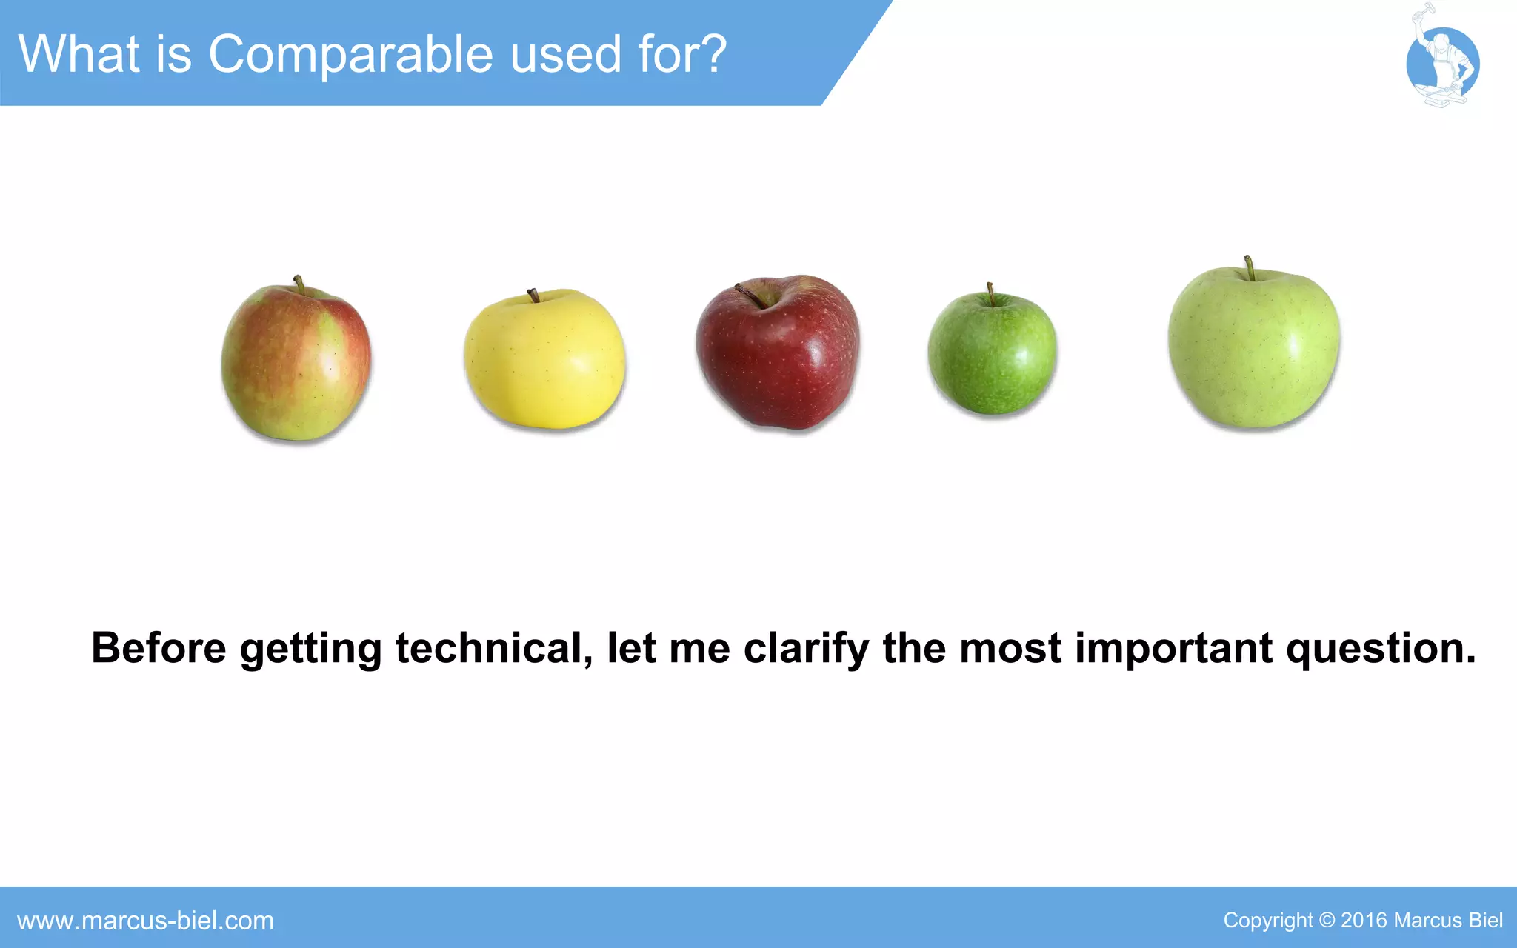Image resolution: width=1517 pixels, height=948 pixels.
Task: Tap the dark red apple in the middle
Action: [x=778, y=354]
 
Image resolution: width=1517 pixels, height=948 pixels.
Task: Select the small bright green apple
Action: [x=992, y=354]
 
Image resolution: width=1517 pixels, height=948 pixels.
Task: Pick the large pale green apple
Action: [x=1253, y=348]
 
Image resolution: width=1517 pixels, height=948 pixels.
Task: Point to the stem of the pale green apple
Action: [x=1249, y=267]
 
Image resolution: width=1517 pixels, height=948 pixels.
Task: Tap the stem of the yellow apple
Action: [x=533, y=296]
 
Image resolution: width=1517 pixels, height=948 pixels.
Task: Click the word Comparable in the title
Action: [x=351, y=55]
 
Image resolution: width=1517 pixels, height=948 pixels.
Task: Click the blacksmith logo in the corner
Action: [x=1442, y=61]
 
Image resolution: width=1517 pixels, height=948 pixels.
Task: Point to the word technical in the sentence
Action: [x=493, y=648]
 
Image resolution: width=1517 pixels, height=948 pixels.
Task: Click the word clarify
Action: [x=806, y=650]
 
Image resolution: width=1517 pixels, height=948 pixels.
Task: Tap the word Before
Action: [x=159, y=648]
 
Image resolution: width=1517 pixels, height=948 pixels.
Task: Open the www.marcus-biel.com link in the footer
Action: [x=145, y=921]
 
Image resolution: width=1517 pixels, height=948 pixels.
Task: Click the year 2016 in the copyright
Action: [x=1363, y=921]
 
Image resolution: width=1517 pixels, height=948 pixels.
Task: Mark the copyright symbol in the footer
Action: [x=1327, y=921]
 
